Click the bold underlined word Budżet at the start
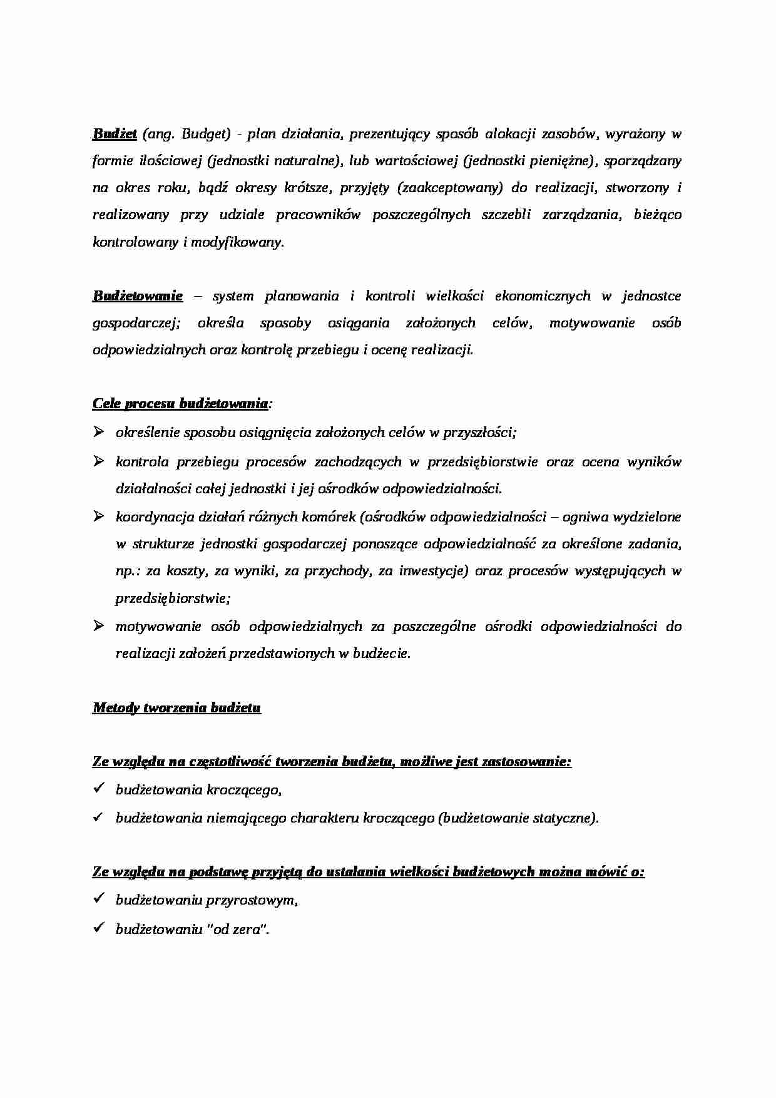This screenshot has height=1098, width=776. click(115, 134)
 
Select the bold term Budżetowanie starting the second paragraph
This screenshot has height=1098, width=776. click(138, 295)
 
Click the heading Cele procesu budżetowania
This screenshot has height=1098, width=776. click(181, 404)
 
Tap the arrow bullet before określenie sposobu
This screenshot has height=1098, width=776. click(98, 431)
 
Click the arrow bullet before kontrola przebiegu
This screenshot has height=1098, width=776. click(98, 461)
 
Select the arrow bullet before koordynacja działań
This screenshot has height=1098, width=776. click(98, 516)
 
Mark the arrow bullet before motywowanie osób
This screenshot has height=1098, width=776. click(98, 625)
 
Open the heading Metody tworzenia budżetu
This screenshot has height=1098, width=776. click(176, 708)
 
